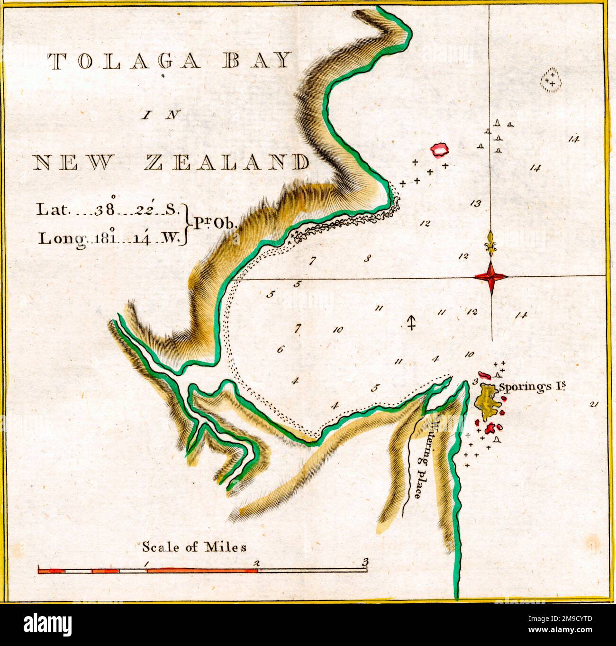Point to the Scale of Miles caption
point(194,547)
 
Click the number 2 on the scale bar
point(257,563)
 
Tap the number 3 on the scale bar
point(364,563)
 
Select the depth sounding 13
point(476,204)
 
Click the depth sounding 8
point(366,259)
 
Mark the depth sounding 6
point(280,350)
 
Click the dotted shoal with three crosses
point(551,79)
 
